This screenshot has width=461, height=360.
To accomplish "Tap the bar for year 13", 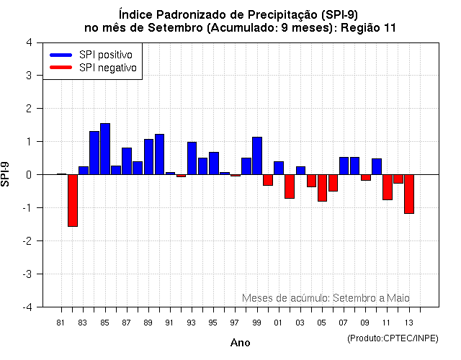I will coord(409,194).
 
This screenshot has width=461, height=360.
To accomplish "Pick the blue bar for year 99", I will coord(257,156).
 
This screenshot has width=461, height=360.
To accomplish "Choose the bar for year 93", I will coord(192,158).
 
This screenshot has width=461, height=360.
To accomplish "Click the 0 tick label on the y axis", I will coord(28,175).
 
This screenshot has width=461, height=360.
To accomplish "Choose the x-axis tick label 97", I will coord(235,323).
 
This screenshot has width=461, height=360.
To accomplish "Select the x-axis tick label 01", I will coord(278,323).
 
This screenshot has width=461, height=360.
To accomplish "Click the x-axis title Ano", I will coord(240,343).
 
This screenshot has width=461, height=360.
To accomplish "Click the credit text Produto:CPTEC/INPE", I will coord(393,338).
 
